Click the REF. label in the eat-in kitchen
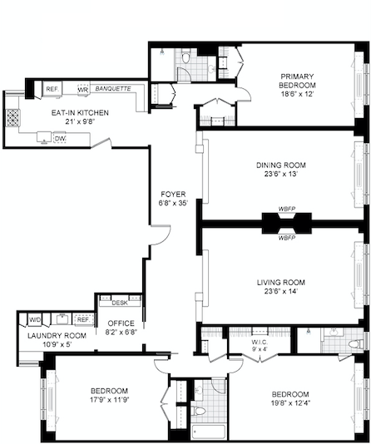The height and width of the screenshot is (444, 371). [52, 89]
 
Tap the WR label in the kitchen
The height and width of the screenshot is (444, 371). [83, 89]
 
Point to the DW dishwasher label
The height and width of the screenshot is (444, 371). [60, 138]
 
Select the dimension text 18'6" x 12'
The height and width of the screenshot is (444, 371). [298, 96]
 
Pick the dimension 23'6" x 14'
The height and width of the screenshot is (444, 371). [282, 292]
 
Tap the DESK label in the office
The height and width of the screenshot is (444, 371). [119, 303]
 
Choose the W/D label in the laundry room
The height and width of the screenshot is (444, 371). [36, 319]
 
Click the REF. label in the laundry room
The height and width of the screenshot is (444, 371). [82, 319]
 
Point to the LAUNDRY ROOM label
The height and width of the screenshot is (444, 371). [52, 335]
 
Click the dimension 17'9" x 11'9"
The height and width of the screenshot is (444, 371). [110, 402]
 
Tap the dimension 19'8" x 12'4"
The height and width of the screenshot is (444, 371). [289, 404]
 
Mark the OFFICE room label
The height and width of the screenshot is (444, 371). [121, 323]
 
